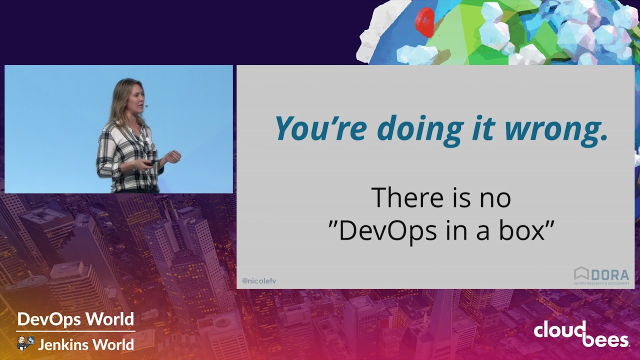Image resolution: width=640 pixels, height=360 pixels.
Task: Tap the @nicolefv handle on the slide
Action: pos(259,281)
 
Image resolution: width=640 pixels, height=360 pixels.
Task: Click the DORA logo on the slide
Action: pos(601,275)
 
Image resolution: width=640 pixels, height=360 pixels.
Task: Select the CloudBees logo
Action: pos(581,334)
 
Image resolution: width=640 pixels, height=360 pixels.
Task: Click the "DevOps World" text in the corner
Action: pos(75,319)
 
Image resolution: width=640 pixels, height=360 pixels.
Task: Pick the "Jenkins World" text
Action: pos(85,344)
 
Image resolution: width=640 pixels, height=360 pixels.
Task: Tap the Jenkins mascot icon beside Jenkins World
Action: pos(25,343)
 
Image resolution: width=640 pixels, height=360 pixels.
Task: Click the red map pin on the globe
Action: pos(425,21)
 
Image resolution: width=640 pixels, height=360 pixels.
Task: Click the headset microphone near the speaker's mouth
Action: pos(146,106)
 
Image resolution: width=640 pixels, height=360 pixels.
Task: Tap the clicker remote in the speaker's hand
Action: pos(150,162)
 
